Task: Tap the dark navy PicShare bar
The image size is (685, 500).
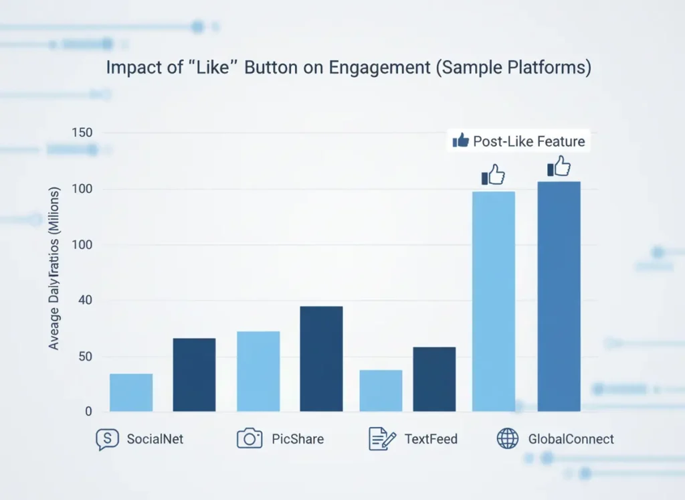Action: tap(321, 359)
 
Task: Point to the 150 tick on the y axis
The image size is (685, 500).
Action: tap(81, 133)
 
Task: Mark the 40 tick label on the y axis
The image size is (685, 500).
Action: tap(84, 301)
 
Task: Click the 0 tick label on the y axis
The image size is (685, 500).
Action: tap(88, 412)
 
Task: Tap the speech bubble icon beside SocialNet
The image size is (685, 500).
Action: tap(106, 439)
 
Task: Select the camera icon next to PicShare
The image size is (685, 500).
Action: tap(250, 439)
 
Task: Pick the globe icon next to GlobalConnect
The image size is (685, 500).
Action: tap(508, 439)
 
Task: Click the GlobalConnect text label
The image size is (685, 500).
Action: tap(571, 439)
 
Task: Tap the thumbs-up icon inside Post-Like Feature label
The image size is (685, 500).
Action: tap(460, 141)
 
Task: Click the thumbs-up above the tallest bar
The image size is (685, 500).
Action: tap(559, 167)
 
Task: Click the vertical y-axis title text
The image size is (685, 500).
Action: tap(54, 268)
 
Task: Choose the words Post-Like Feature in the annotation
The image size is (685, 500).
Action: tap(528, 141)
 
